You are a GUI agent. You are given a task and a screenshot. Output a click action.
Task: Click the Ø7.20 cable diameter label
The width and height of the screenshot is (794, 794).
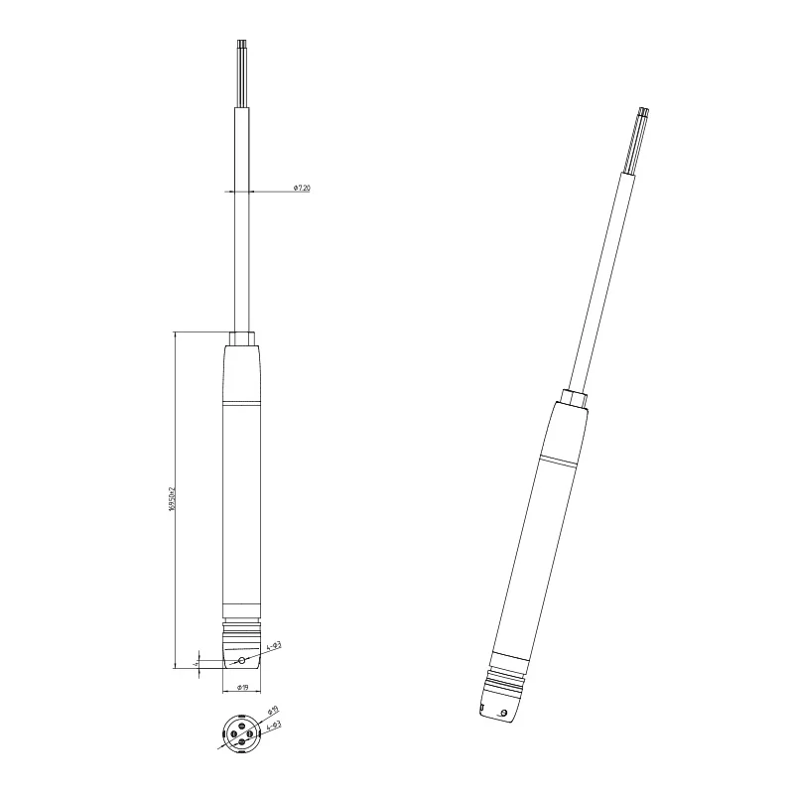pos(302,188)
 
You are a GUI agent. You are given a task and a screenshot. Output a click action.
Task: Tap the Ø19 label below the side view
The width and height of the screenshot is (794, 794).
pos(241,686)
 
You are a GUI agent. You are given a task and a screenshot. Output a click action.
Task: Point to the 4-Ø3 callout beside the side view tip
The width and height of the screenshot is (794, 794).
pos(274,646)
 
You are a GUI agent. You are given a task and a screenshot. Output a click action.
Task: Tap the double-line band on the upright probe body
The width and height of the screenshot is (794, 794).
pos(241,405)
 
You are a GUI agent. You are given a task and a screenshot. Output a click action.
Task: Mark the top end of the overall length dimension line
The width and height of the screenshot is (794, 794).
pos(175,331)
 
